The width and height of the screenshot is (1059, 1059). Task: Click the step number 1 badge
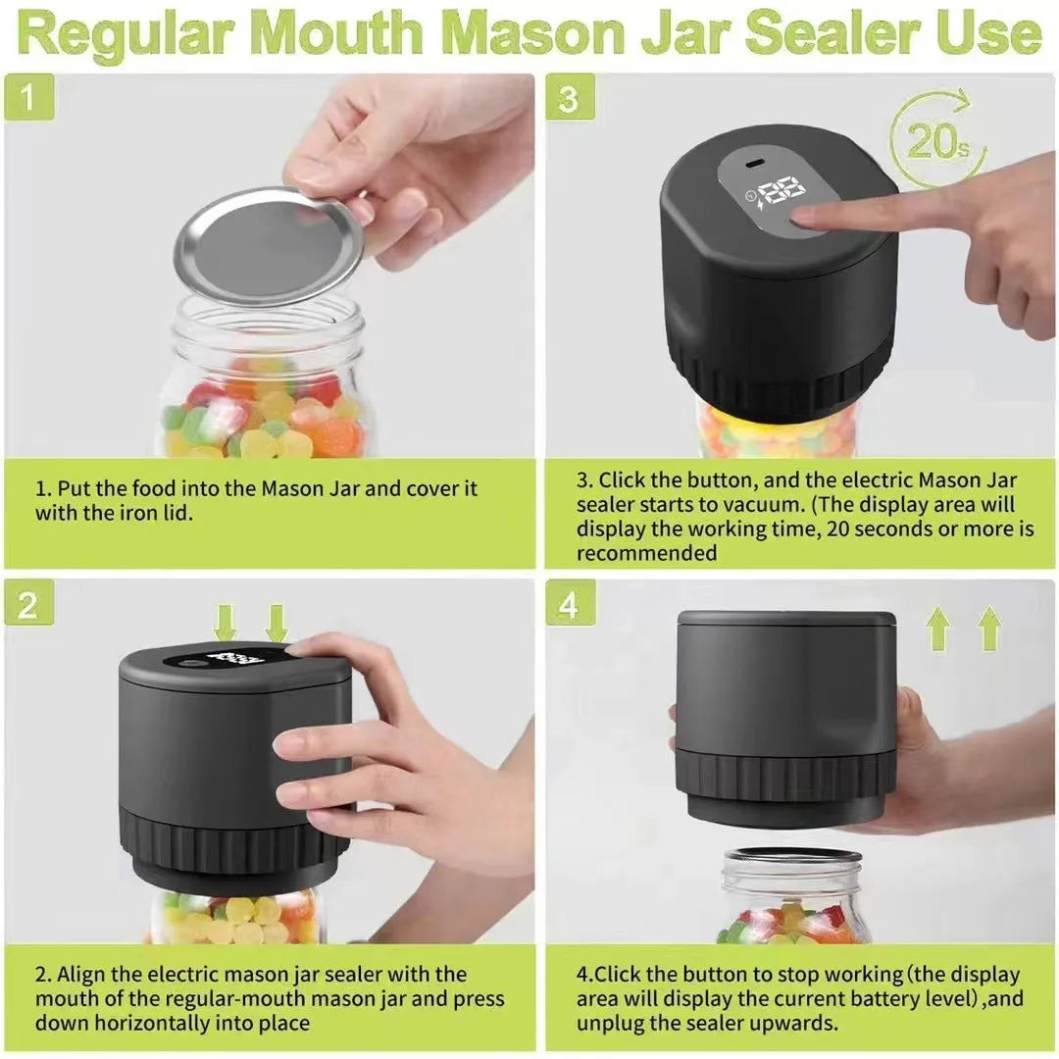[x=27, y=99]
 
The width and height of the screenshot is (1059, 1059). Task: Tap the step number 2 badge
[x=27, y=605]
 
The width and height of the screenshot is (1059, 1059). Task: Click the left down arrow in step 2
[x=226, y=623]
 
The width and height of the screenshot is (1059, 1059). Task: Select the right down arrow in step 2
[x=277, y=623]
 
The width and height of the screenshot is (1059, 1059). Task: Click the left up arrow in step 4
[x=938, y=629]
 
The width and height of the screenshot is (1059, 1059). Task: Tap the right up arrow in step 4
[x=989, y=629]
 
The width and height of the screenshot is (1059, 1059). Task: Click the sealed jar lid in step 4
[x=792, y=856]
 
